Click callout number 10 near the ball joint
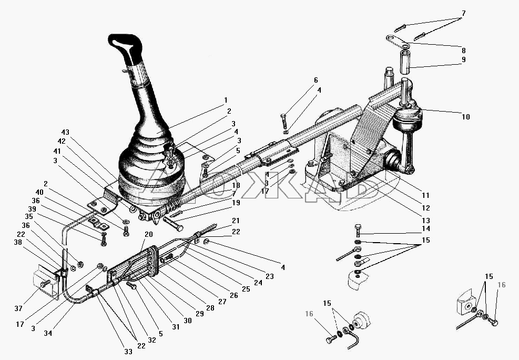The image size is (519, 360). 465,117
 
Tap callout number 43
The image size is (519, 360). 65,132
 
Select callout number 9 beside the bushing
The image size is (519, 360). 463,59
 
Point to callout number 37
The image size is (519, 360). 18,308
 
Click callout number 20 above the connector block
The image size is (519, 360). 149,235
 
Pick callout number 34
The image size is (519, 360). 48,333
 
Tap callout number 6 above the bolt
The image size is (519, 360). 316,80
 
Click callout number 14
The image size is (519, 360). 426,228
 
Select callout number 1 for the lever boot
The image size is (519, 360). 226,100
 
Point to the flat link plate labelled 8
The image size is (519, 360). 397,41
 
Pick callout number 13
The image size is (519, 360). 426,221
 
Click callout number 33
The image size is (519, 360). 128,352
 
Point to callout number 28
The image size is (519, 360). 210,308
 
